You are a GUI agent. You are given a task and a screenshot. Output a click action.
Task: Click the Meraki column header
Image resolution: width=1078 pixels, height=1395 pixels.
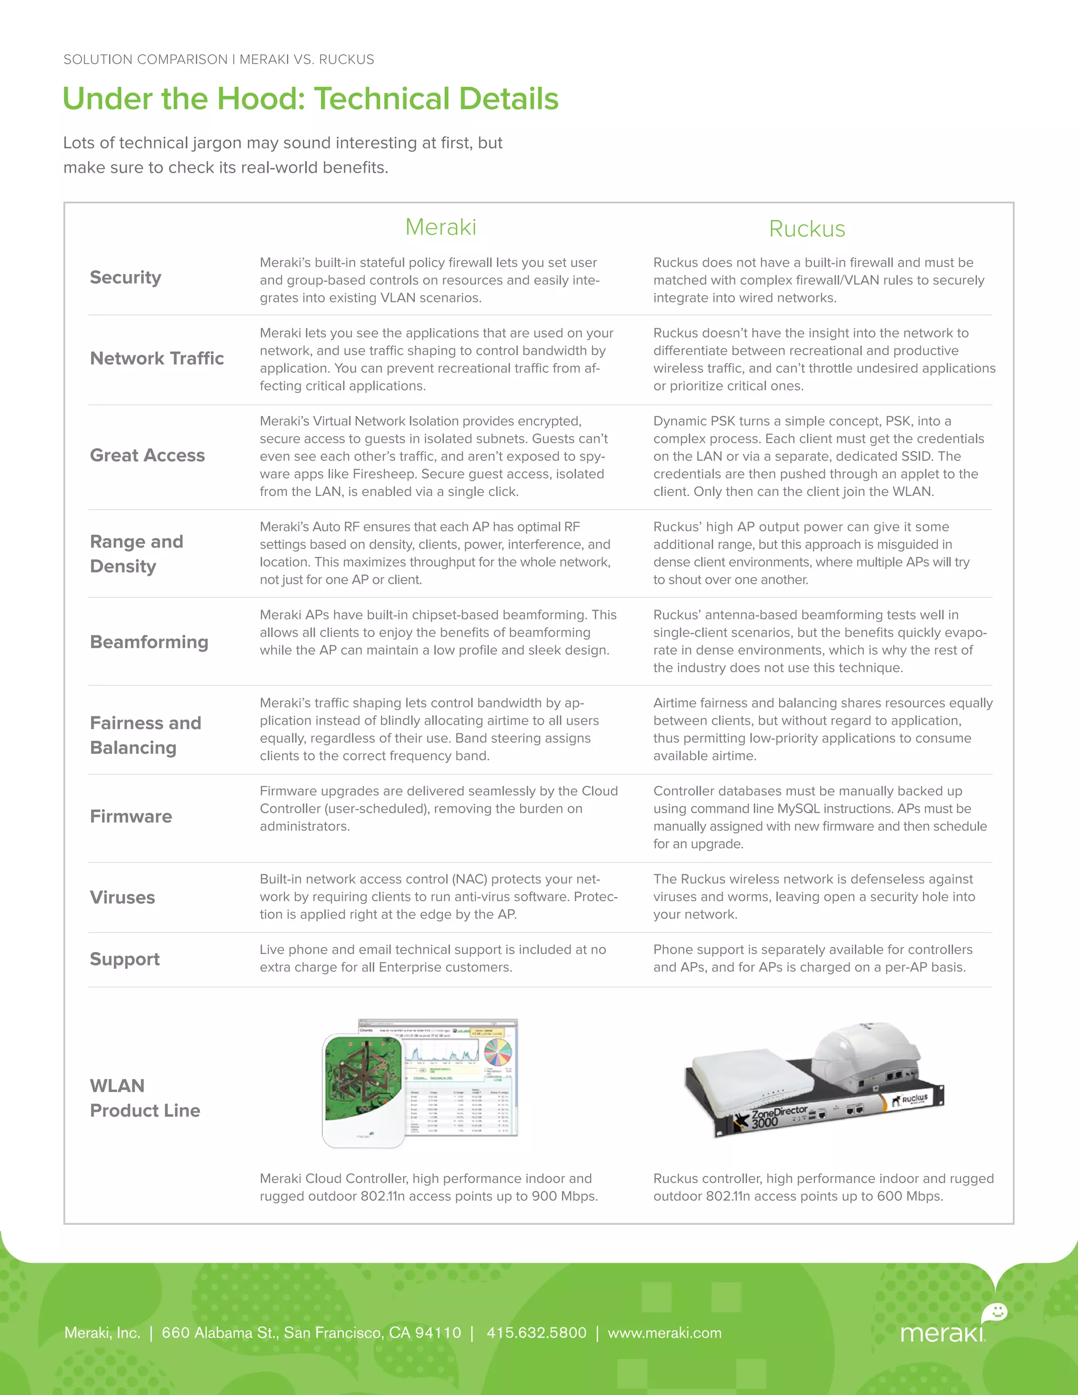pos(441,227)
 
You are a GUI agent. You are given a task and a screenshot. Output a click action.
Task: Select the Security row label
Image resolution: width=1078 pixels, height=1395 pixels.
pos(125,278)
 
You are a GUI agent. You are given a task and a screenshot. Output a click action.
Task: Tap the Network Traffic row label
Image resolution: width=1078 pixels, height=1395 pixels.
pos(156,358)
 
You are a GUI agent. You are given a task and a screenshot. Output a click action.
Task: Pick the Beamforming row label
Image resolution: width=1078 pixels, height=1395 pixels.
pos(149,642)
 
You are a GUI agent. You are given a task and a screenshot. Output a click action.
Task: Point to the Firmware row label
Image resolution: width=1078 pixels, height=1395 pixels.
pos(131,816)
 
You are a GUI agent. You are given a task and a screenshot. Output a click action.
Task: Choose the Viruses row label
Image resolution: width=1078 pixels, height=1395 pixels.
pos(122,898)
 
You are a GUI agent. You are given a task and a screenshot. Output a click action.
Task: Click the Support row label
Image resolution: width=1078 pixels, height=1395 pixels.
pos(125,959)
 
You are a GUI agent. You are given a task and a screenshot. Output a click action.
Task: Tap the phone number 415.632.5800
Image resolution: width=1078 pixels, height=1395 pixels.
pos(536,1333)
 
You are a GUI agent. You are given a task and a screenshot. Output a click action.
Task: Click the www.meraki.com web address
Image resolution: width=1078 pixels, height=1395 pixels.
pos(664,1333)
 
